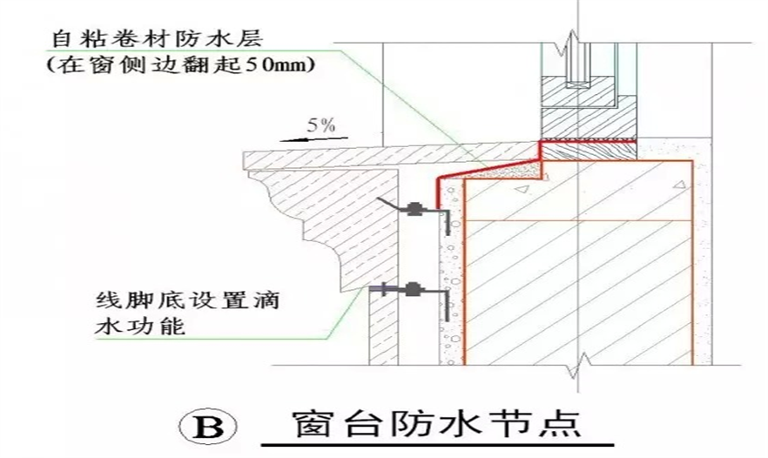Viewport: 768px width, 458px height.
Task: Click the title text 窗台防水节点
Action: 432,426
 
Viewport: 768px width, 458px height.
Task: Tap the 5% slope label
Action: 321,125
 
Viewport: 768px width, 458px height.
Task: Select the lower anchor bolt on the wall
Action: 414,288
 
